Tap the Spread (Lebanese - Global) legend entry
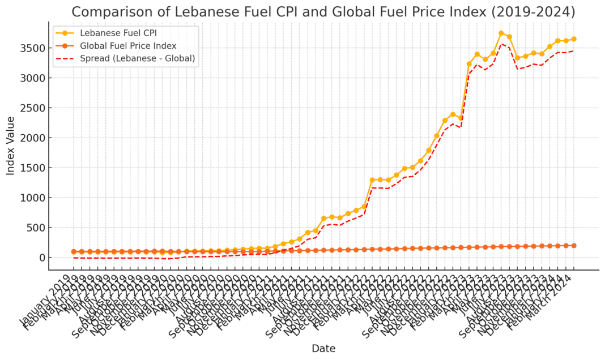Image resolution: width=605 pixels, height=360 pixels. point(138,58)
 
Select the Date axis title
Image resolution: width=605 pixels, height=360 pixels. point(323,349)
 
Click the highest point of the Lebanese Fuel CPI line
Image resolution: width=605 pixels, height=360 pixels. point(501,33)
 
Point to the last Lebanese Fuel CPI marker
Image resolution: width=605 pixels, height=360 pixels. point(574,39)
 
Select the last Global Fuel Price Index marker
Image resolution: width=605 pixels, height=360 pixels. point(574,246)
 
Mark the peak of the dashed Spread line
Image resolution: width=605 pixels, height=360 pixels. point(501,44)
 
